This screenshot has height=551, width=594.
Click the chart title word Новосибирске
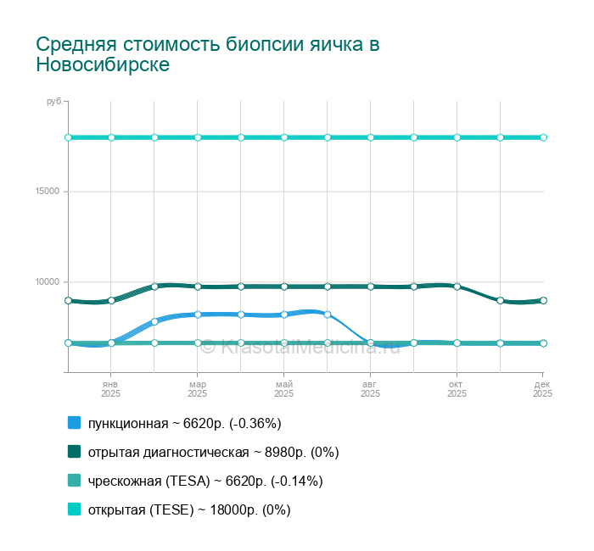click(x=103, y=64)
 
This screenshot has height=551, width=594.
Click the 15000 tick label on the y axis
click(x=48, y=192)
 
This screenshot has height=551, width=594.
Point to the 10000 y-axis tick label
click(x=48, y=282)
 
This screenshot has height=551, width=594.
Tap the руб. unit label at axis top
click(x=53, y=102)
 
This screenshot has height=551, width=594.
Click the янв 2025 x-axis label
click(x=111, y=388)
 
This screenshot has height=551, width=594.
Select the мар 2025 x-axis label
click(x=197, y=388)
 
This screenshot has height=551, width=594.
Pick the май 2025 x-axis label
click(x=284, y=388)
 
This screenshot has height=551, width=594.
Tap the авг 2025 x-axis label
click(x=370, y=388)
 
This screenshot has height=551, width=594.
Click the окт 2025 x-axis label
click(x=457, y=388)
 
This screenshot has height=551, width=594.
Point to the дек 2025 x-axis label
click(x=543, y=388)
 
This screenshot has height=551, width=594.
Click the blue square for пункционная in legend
click(x=74, y=423)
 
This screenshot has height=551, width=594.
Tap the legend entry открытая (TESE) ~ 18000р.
click(x=189, y=509)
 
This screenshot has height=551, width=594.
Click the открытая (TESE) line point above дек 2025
click(x=543, y=137)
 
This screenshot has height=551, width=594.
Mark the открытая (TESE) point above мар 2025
click(x=198, y=137)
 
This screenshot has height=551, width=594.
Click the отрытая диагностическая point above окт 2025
click(x=457, y=287)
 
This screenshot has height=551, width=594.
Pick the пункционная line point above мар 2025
click(x=198, y=314)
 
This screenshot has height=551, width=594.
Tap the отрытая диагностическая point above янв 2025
click(x=111, y=300)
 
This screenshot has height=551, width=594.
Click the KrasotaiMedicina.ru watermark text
click(x=310, y=346)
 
